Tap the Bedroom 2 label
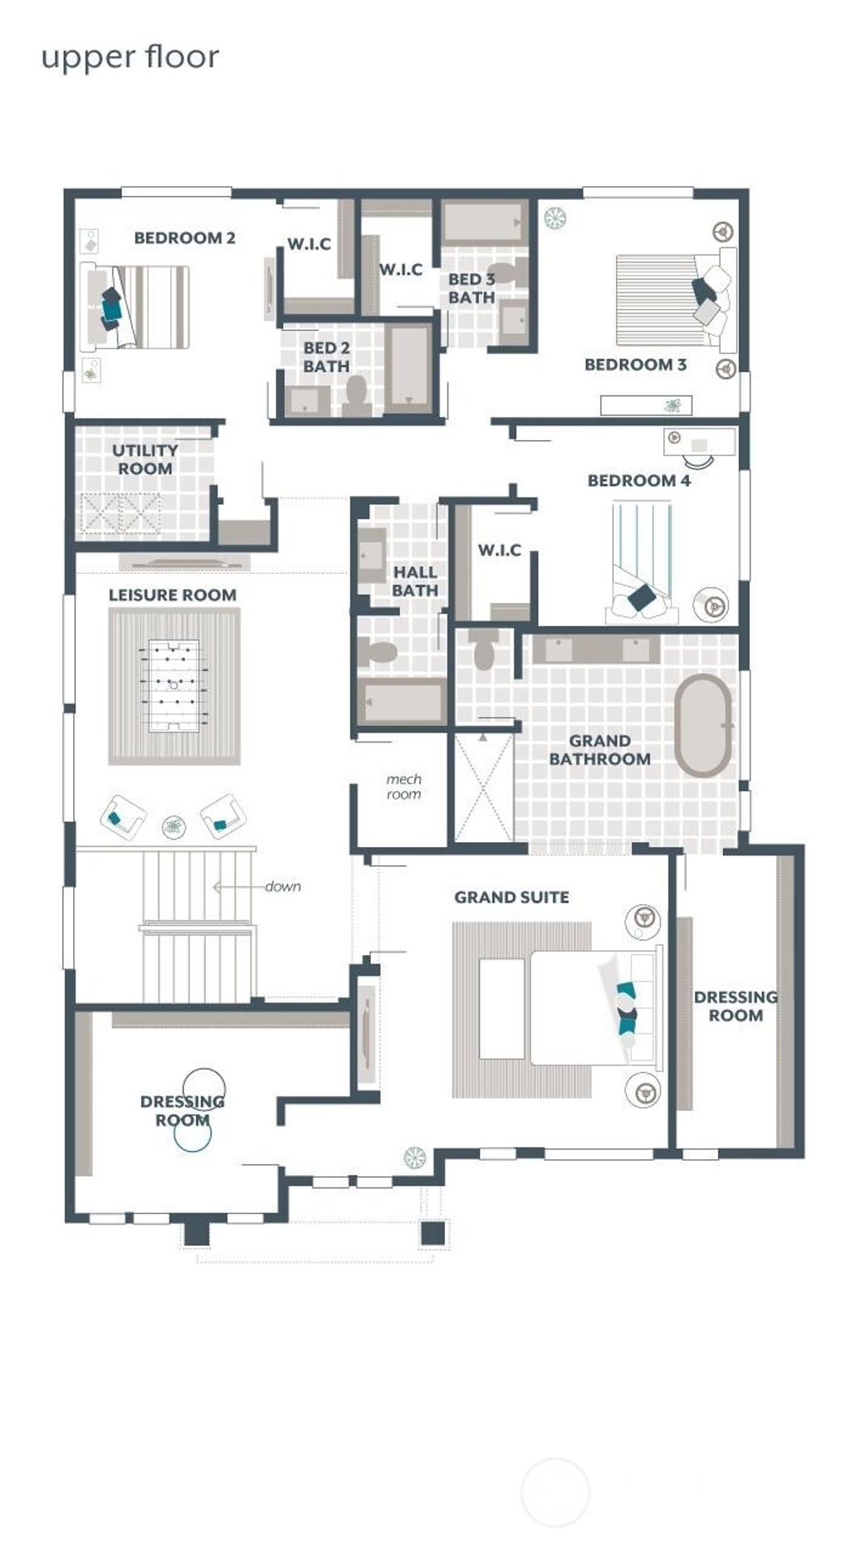pos(184,238)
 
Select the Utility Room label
pos(145,459)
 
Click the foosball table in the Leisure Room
pos(173,685)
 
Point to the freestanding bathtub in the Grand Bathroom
pos(703,726)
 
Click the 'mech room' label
pos(403,786)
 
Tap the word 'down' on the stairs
pos(283,886)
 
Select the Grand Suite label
pos(511,898)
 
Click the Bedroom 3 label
pos(635,365)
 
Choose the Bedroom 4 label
pos(638,481)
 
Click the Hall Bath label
pos(415,581)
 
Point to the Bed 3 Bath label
pos(471,288)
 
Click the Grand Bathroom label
pos(599,750)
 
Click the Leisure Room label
pos(173,595)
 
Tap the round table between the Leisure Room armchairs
pos(173,825)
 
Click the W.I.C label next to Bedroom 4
pos(499,551)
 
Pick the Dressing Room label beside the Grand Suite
pos(735,1006)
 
